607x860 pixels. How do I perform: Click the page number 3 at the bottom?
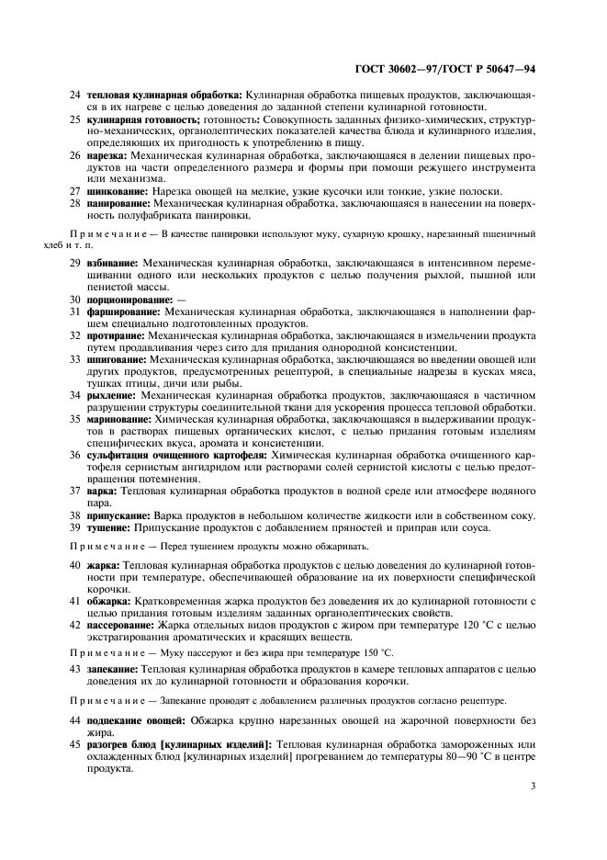click(x=534, y=786)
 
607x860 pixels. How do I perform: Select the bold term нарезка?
click(x=107, y=156)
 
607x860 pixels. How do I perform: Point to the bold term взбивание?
click(x=113, y=263)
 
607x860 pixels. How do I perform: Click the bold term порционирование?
click(x=129, y=300)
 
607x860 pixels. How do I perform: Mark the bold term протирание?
click(x=117, y=335)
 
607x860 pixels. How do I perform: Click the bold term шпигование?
click(x=117, y=359)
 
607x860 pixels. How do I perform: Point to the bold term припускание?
click(x=119, y=515)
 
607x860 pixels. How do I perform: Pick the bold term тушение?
click(x=110, y=527)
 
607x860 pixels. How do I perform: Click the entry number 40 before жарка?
click(x=75, y=563)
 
